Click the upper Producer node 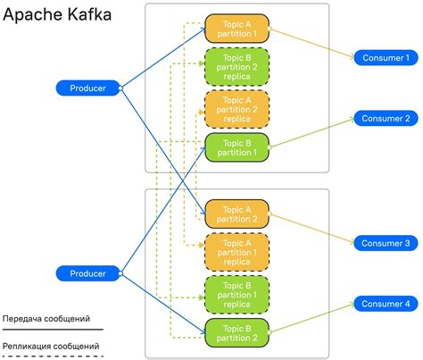click(x=87, y=88)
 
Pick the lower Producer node click(x=87, y=272)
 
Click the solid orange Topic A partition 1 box click(x=236, y=28)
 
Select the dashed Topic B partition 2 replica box click(x=236, y=67)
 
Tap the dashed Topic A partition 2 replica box click(x=236, y=108)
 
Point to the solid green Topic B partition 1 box click(x=236, y=147)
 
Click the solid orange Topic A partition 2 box click(x=236, y=213)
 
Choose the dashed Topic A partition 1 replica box click(x=236, y=253)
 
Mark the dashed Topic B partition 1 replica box click(x=236, y=293)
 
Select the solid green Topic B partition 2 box click(x=236, y=332)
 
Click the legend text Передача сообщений click(x=46, y=317)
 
